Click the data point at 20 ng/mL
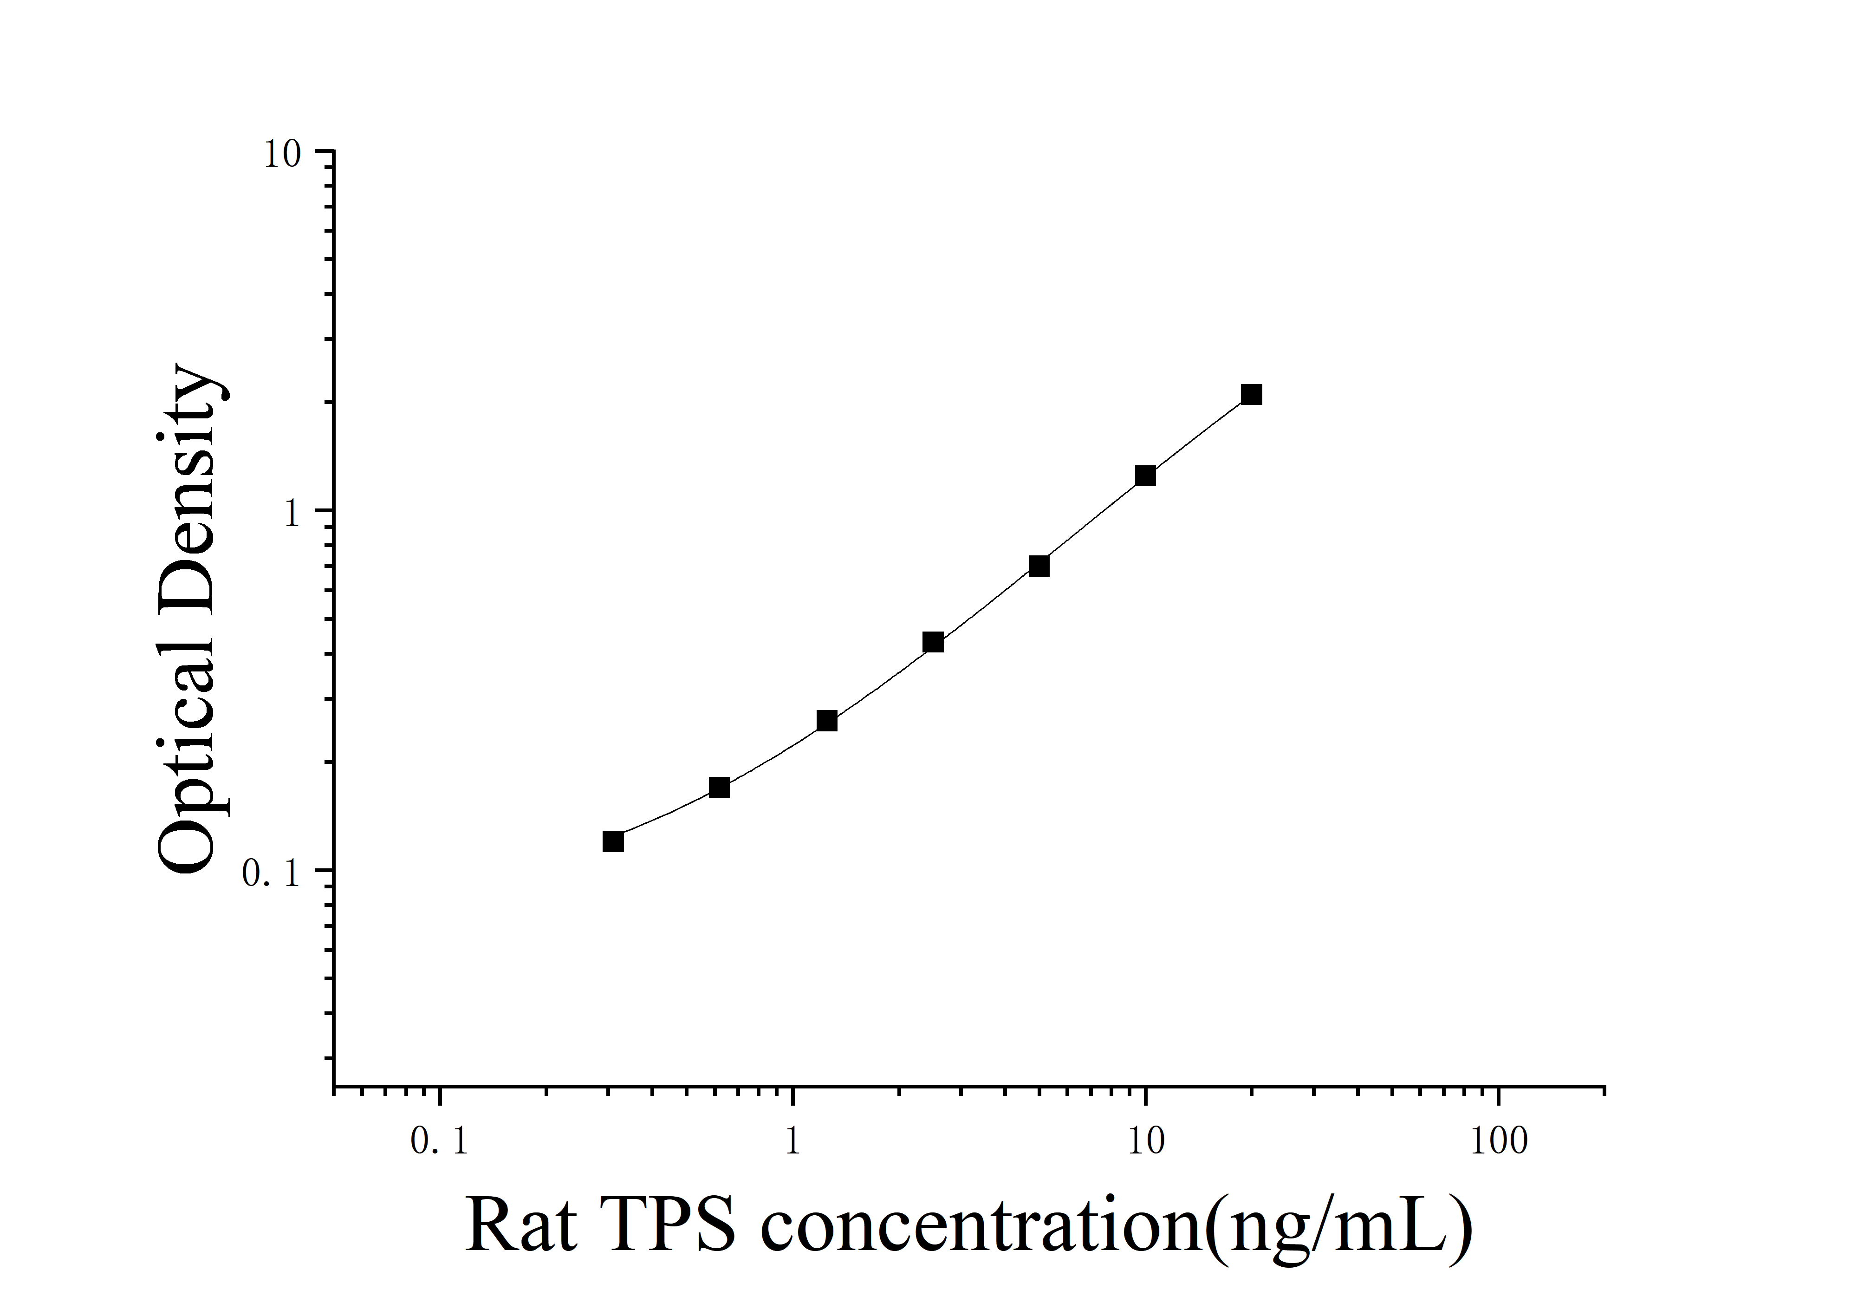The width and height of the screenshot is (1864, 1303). point(1251,395)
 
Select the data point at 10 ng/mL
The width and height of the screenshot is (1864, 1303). point(1145,476)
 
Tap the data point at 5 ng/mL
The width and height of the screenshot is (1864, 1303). point(1039,566)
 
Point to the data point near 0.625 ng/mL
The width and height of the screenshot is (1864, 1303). point(719,788)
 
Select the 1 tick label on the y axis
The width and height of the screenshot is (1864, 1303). point(291,514)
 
